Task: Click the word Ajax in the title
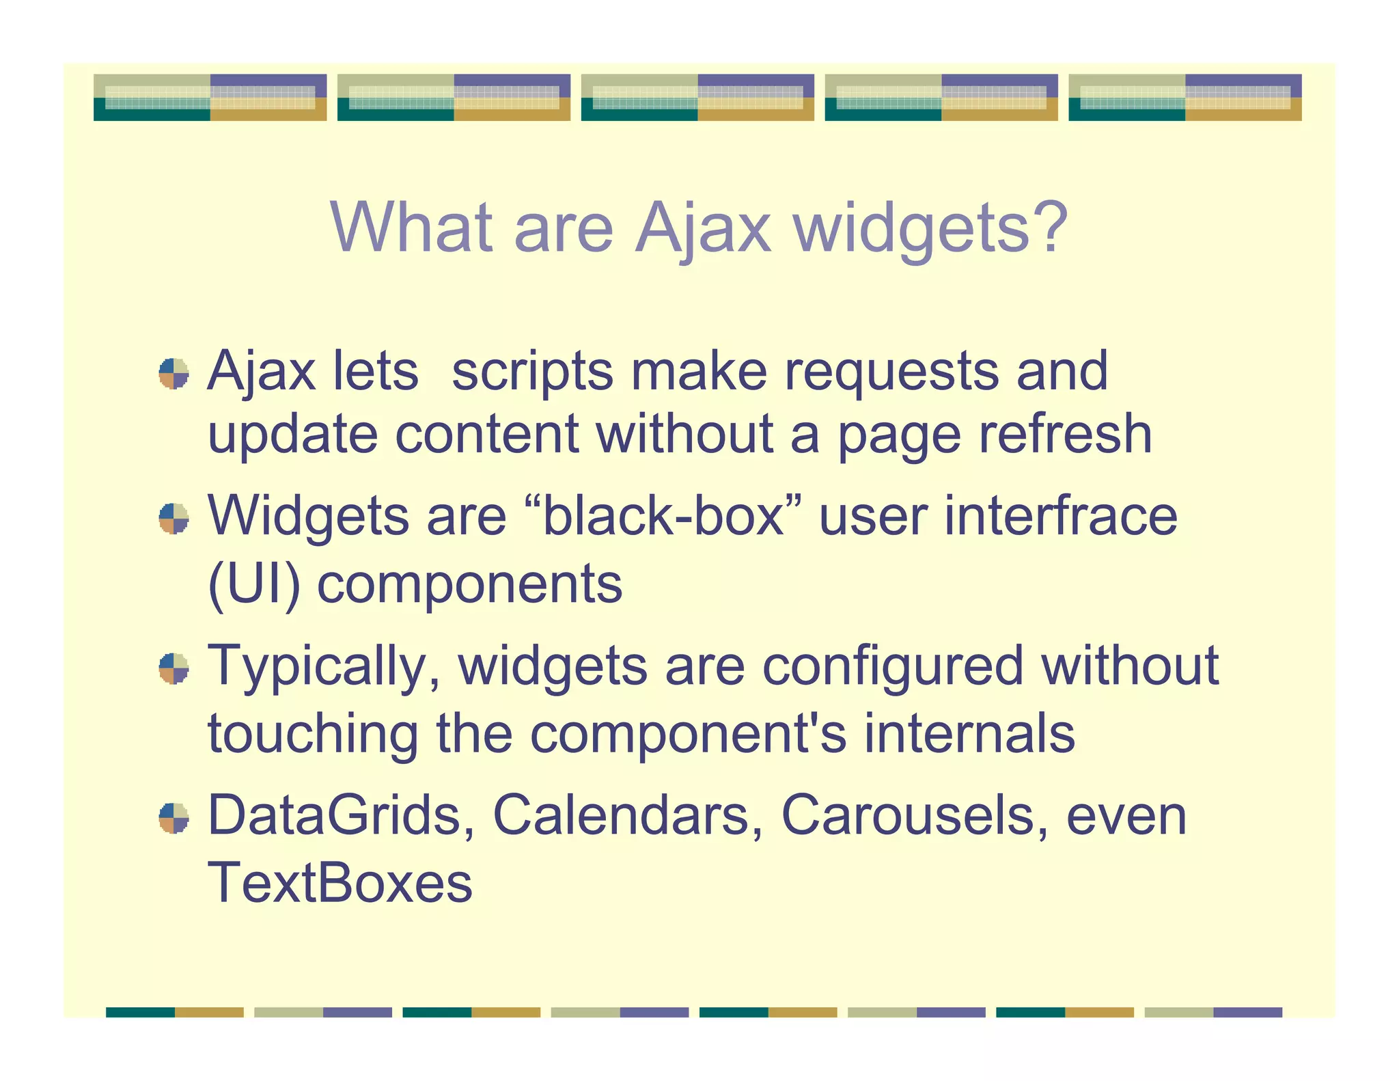[x=703, y=229]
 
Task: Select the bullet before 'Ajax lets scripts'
[x=174, y=374]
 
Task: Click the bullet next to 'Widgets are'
[x=174, y=519]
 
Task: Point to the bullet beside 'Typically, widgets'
[x=174, y=668]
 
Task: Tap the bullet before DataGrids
[x=174, y=818]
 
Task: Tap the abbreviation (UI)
[x=253, y=585]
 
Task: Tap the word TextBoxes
[x=340, y=883]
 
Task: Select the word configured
[x=892, y=667]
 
